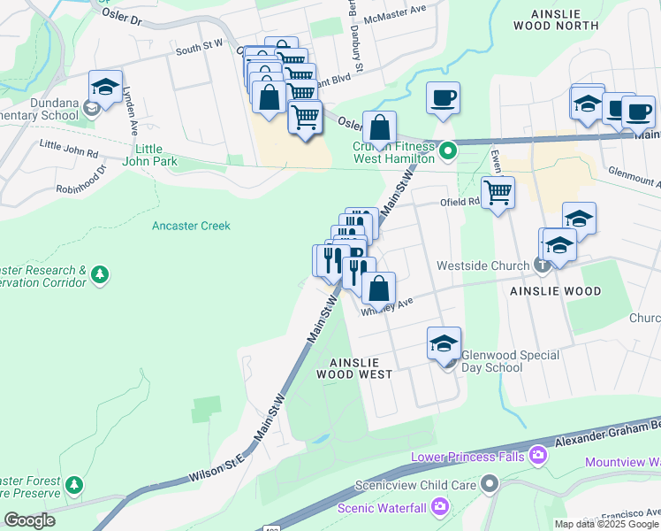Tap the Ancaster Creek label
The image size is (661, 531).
[x=191, y=226]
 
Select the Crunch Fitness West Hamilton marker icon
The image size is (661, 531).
[x=448, y=150]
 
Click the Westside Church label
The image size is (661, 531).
[x=484, y=265]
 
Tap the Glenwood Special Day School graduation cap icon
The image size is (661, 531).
[x=444, y=343]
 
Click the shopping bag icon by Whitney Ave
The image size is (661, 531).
[x=378, y=288]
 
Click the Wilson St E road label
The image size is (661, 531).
[x=216, y=468]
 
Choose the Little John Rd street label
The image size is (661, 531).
[x=69, y=148]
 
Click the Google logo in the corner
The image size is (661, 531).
[x=29, y=520]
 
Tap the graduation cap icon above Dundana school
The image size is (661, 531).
[x=105, y=88]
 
